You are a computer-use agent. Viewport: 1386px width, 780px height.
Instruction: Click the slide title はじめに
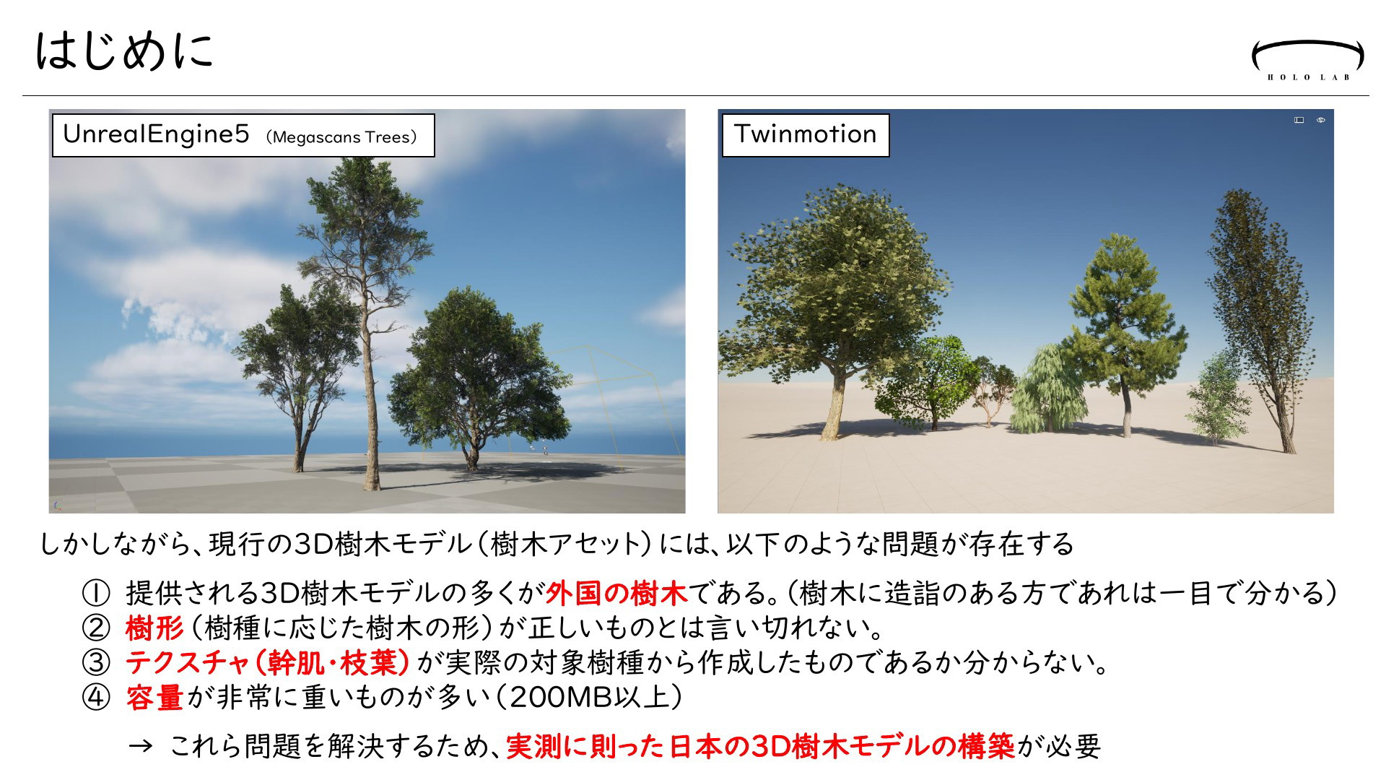pyautogui.click(x=124, y=51)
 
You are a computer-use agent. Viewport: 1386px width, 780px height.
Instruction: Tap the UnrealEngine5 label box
pyautogui.click(x=243, y=135)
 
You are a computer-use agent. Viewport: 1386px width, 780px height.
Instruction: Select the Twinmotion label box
pyautogui.click(x=806, y=135)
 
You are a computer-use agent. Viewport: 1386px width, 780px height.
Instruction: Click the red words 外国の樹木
pyautogui.click(x=615, y=594)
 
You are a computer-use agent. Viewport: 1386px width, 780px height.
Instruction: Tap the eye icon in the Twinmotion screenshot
pyautogui.click(x=1321, y=120)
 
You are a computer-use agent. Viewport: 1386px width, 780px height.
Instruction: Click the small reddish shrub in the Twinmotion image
pyautogui.click(x=990, y=390)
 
